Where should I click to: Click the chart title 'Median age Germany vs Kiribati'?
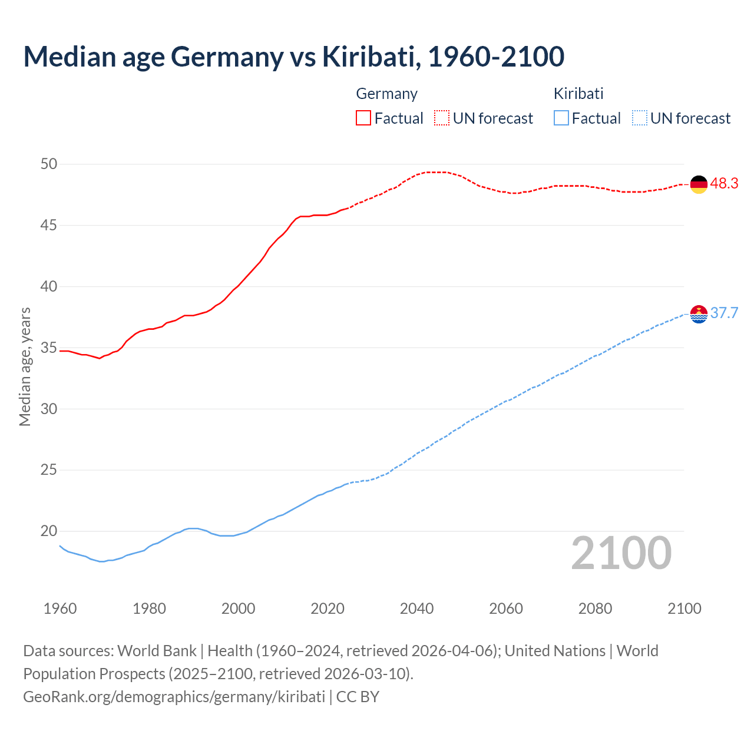[x=293, y=57]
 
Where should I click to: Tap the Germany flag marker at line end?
[x=699, y=184]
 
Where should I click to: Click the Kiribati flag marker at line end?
[x=699, y=315]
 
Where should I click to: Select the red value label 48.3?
[x=724, y=184]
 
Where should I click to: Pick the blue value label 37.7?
[x=724, y=313]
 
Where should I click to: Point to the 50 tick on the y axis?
[x=49, y=164]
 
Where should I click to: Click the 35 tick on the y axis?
[x=49, y=348]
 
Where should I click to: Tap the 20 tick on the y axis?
[x=49, y=531]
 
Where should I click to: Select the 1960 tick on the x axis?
[x=60, y=609]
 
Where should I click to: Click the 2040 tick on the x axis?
[x=416, y=609]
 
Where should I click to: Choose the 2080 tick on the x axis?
[x=595, y=609]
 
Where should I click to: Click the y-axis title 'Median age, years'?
[x=25, y=366]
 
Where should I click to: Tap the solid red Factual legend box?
[x=363, y=118]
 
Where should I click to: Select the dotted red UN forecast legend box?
[x=442, y=118]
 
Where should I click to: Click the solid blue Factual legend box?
[x=561, y=118]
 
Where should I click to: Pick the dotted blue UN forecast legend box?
[x=640, y=118]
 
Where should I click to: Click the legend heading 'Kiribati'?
[x=578, y=94]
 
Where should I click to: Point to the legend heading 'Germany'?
[x=386, y=94]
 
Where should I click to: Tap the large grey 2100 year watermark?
[x=621, y=553]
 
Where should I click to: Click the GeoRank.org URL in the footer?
[x=174, y=697]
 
